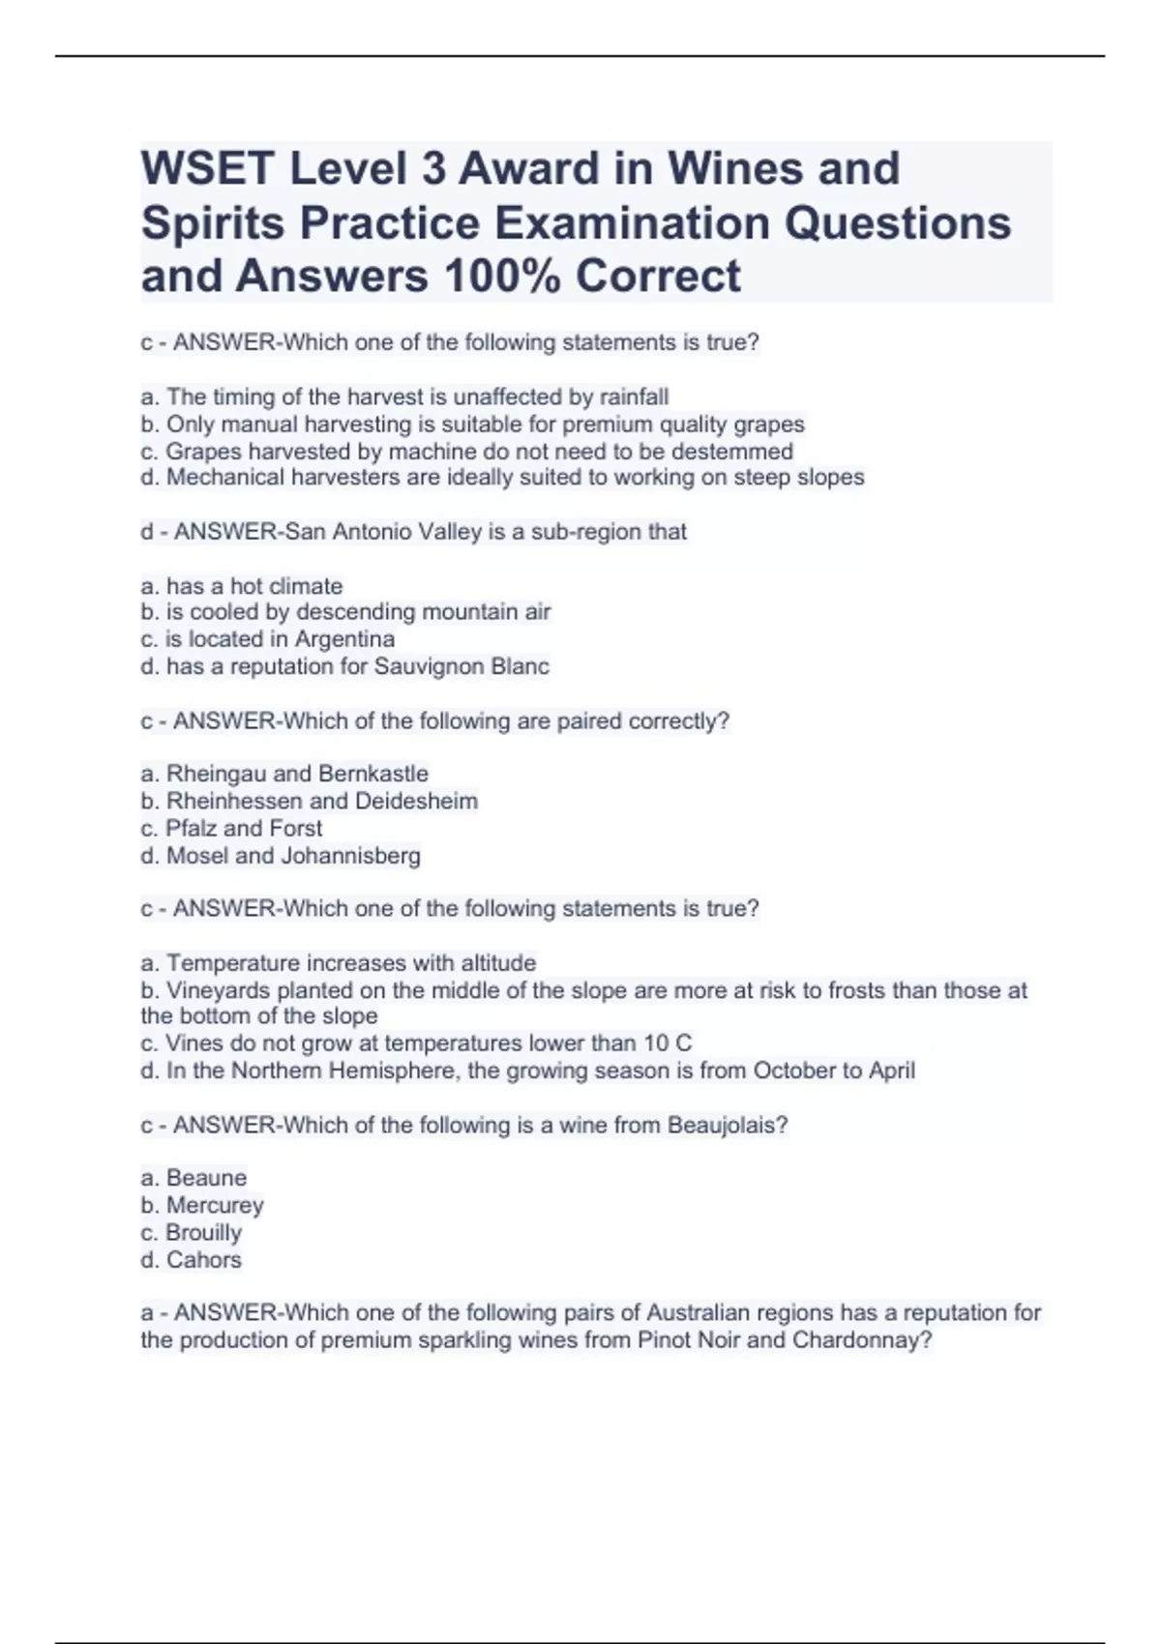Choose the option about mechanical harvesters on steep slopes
point(502,478)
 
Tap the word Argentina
point(344,639)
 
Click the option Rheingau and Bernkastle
point(284,774)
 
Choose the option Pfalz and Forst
point(231,828)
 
